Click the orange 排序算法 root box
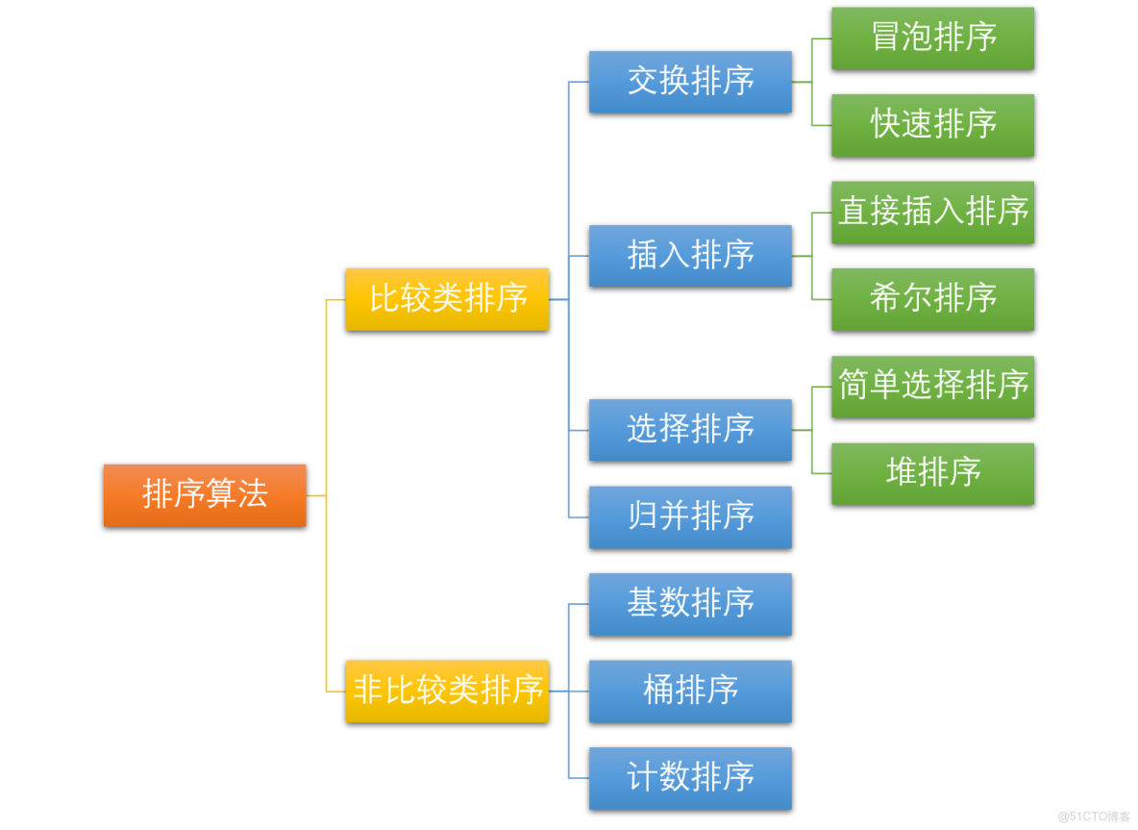click(x=205, y=494)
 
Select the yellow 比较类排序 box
click(x=447, y=299)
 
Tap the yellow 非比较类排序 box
click(x=447, y=691)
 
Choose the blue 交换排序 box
click(x=690, y=82)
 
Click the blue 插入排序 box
click(x=690, y=256)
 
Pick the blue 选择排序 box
click(x=690, y=430)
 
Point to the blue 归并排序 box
click(x=690, y=516)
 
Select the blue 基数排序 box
click(x=690, y=604)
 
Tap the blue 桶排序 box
click(x=690, y=691)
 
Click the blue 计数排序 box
click(x=690, y=778)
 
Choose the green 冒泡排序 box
click(x=932, y=38)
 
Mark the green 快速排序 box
click(x=932, y=125)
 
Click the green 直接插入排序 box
click(x=932, y=212)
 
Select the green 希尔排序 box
click(x=932, y=299)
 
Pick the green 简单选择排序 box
click(x=932, y=386)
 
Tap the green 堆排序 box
click(x=932, y=473)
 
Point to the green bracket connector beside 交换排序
click(x=811, y=82)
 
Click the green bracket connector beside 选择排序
click(x=811, y=430)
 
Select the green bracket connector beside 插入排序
click(x=811, y=256)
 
